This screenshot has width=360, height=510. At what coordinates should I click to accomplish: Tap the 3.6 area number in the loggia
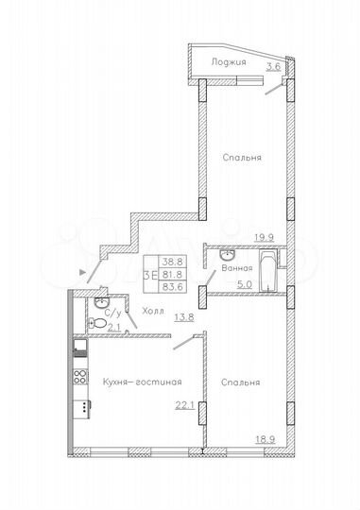point(274,67)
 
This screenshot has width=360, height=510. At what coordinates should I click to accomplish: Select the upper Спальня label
point(243,157)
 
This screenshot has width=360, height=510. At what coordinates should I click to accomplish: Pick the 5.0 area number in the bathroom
point(244,281)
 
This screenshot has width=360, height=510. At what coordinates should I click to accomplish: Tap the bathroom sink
point(227,255)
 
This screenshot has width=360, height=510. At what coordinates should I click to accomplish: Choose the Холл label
point(152,308)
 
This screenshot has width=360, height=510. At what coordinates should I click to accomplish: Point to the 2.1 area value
point(114,328)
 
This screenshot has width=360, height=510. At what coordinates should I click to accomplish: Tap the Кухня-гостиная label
point(141,382)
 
